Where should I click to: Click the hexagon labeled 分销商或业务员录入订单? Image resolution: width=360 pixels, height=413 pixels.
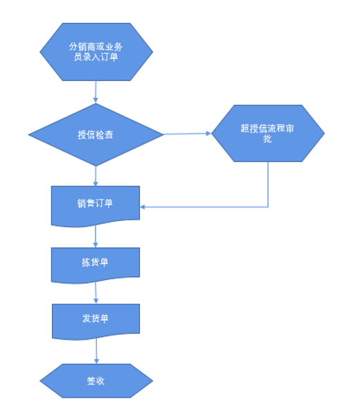coord(96,51)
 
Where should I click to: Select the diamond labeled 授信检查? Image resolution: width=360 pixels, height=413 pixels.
coord(96,134)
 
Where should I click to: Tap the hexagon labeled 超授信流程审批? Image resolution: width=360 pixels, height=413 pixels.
coord(268,133)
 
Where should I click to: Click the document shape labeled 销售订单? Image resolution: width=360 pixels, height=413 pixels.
coord(96,206)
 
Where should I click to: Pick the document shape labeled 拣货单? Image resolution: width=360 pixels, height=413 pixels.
coord(96,265)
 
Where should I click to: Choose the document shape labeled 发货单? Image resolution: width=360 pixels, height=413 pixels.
coord(96,322)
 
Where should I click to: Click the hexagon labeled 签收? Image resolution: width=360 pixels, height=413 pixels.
coord(96,380)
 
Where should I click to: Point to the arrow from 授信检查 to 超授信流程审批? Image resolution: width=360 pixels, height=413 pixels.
coord(188,134)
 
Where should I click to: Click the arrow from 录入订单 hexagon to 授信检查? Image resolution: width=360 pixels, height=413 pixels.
coord(96,91)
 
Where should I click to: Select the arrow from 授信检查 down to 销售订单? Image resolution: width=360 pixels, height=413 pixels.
coord(96,176)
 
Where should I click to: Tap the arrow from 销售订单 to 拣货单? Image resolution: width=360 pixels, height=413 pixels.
coord(96,236)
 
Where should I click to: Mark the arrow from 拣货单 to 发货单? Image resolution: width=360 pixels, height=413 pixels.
coord(96,293)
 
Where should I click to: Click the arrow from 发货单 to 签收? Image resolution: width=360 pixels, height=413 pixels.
coord(96,351)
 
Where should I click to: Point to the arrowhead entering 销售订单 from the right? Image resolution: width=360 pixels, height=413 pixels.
coord(143,207)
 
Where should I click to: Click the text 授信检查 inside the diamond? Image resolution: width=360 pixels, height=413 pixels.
coord(96,134)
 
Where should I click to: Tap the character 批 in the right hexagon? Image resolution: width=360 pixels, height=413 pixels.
coord(267,139)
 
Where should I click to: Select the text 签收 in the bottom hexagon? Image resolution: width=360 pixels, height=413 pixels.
coord(96,381)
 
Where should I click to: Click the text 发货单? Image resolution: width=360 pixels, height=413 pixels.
coord(96,319)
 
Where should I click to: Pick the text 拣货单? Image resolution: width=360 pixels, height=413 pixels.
coord(95,262)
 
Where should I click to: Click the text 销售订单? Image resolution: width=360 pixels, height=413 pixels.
coord(95,203)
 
